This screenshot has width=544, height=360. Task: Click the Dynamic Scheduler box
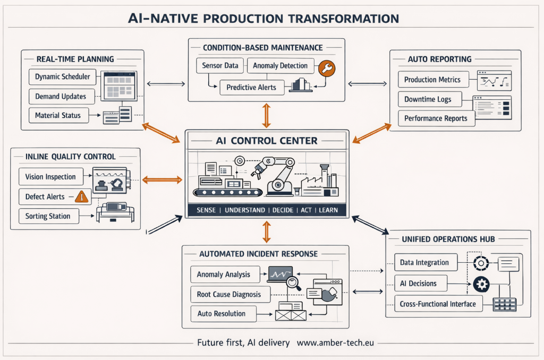click(x=62, y=76)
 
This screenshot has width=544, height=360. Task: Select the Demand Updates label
click(x=61, y=96)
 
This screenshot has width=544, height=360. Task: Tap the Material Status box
click(x=58, y=115)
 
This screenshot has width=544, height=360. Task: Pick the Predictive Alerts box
click(x=251, y=87)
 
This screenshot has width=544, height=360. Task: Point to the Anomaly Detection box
click(x=280, y=66)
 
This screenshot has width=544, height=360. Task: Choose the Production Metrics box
click(x=432, y=80)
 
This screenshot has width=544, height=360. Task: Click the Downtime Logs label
click(x=428, y=99)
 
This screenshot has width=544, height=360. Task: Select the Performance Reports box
click(x=436, y=118)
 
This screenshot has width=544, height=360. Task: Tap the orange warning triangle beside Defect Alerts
click(x=81, y=196)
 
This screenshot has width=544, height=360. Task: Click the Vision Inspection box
click(x=50, y=176)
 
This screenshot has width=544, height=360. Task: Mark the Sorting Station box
click(x=48, y=216)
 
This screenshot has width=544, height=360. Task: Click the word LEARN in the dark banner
click(x=328, y=210)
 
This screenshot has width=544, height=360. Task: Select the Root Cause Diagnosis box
click(x=229, y=294)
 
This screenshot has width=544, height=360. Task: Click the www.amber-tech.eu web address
click(x=335, y=342)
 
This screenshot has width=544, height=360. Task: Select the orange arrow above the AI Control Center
click(x=267, y=115)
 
